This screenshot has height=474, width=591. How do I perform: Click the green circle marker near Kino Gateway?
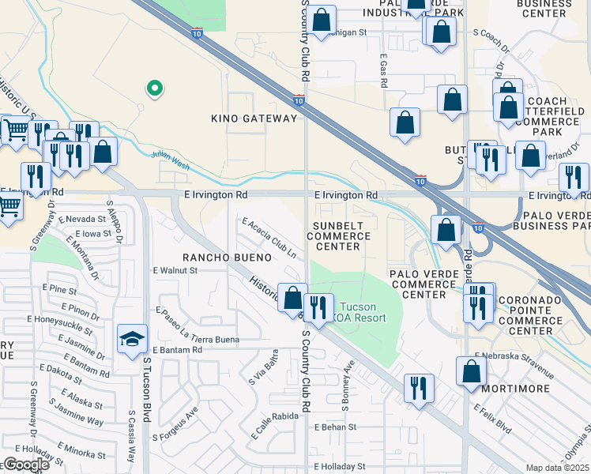155,88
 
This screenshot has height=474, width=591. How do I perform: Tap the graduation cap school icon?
132,340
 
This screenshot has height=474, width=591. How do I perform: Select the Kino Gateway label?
254,118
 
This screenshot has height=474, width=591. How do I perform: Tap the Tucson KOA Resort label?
363,312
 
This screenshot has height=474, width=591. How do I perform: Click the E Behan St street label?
335,427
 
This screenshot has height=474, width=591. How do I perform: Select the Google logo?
25,465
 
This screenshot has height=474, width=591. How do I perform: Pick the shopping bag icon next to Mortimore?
471,371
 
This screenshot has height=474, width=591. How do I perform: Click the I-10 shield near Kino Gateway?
298,100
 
